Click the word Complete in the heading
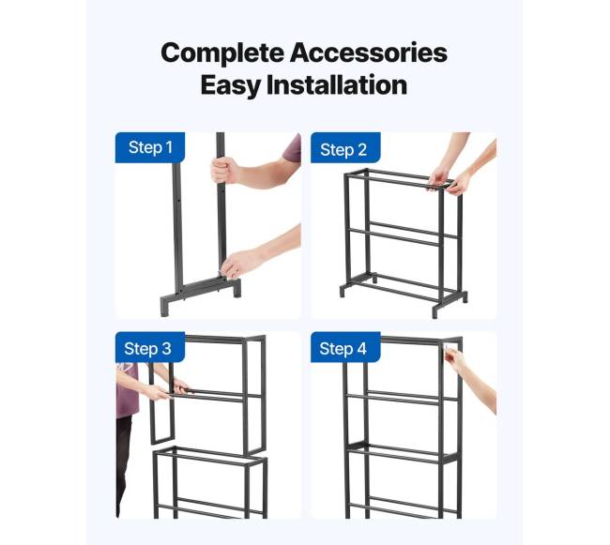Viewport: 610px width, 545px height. click(222, 53)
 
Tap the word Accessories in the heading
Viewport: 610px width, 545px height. click(369, 53)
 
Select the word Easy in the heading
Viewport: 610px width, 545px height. click(230, 86)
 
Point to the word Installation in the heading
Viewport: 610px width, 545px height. click(337, 85)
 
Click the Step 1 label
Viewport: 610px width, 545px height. click(150, 147)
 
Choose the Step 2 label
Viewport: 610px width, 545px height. click(343, 150)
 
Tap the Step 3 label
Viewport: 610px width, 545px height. click(148, 349)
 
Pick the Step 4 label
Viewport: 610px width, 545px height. click(343, 349)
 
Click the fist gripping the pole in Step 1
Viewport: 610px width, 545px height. click(225, 171)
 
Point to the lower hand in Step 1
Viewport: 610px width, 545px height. click(236, 265)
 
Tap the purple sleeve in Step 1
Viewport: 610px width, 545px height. click(292, 148)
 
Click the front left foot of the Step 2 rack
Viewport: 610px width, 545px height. click(342, 292)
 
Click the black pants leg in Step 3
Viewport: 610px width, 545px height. click(123, 466)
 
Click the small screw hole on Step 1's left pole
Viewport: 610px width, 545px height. click(178, 201)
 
